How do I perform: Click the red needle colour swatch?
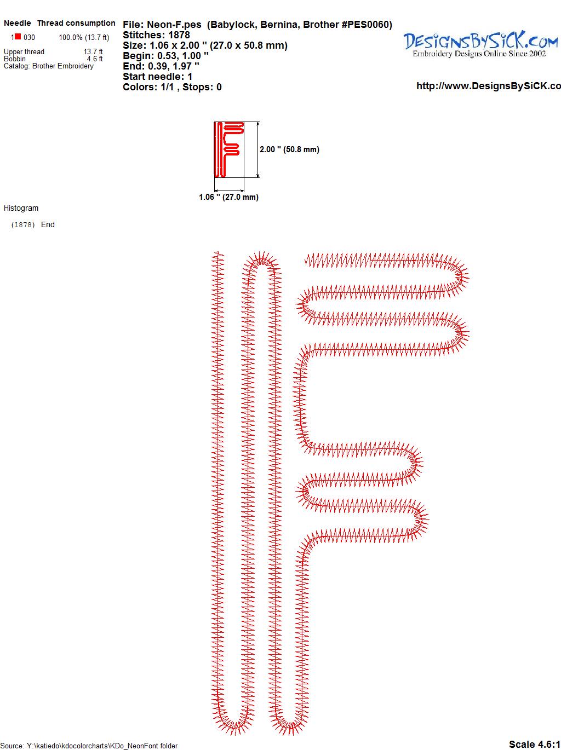coord(18,36)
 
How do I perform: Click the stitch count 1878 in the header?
coord(179,35)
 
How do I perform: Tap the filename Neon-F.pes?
coord(174,25)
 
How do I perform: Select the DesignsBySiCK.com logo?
coord(480,44)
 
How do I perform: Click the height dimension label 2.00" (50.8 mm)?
coord(289,149)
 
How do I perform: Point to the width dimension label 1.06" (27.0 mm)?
coord(228,197)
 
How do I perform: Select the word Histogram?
coord(21,208)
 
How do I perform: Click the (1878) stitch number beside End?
coord(23,225)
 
